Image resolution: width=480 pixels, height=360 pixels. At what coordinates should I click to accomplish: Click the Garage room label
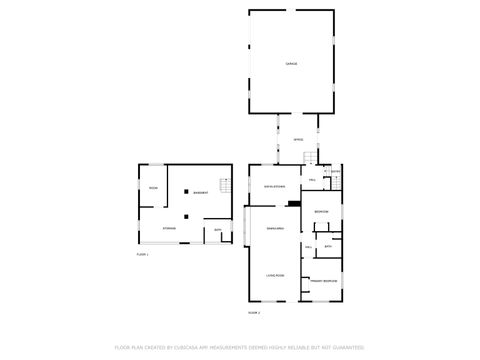(x=291, y=64)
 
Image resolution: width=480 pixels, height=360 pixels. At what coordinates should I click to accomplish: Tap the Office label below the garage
(x=298, y=139)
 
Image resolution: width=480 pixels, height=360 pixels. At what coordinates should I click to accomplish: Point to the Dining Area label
(x=275, y=229)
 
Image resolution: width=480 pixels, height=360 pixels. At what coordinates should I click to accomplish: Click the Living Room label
(x=275, y=274)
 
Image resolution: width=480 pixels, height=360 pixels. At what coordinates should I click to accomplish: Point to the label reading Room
(x=153, y=187)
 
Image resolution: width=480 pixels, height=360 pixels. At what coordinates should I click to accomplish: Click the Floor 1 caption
(x=142, y=255)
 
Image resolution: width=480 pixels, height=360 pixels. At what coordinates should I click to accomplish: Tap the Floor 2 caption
(x=254, y=313)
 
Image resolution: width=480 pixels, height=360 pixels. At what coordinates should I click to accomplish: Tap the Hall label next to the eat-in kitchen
(x=313, y=180)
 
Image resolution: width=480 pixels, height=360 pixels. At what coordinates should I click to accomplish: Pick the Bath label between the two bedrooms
(x=327, y=245)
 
